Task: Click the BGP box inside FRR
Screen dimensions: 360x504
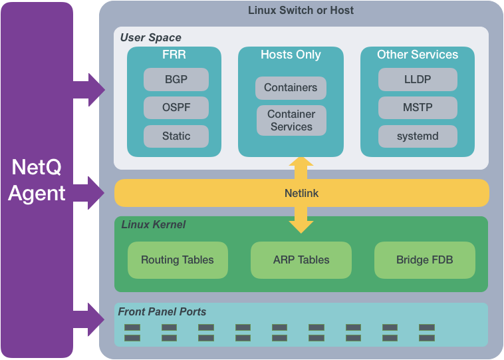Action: click(176, 79)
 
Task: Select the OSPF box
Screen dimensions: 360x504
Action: click(176, 108)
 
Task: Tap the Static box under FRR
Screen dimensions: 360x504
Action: click(176, 136)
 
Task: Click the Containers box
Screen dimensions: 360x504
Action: click(291, 88)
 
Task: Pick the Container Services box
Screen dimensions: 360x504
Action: click(291, 120)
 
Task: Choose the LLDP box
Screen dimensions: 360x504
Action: click(418, 79)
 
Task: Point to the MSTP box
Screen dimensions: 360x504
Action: click(418, 108)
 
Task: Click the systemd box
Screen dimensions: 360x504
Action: click(418, 136)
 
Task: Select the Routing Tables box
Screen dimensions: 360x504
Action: click(178, 260)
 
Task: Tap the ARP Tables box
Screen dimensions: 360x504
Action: click(301, 260)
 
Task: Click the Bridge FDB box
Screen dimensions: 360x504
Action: click(424, 260)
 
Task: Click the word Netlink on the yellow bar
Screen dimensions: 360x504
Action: click(301, 193)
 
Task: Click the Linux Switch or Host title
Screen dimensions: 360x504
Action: click(301, 10)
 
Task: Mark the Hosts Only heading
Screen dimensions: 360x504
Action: click(291, 55)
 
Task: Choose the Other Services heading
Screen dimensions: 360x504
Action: click(418, 55)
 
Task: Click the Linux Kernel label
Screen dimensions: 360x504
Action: click(153, 225)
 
